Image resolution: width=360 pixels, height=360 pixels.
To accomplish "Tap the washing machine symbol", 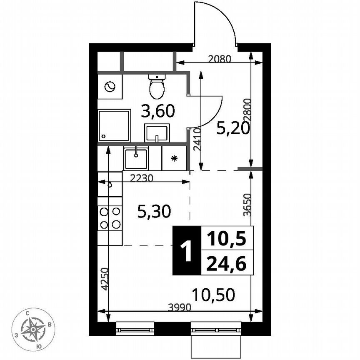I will point(110,87).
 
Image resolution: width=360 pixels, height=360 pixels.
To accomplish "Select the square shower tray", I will point(114,125).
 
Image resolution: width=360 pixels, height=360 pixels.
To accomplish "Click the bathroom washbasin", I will point(157,133).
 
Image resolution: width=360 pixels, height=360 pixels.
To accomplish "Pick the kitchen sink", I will point(136,158).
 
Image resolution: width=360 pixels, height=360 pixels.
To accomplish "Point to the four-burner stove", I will point(110,218).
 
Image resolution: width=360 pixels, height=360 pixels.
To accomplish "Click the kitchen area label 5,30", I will point(154,213).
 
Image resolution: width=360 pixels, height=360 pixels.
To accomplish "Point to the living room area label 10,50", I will point(214,295).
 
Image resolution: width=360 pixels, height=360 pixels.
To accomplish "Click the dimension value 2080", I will point(219,59).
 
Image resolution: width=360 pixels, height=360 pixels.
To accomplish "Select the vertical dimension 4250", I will point(105,278).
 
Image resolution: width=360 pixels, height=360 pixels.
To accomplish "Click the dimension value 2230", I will point(142,178).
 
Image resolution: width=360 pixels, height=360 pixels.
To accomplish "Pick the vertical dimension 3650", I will point(247,204).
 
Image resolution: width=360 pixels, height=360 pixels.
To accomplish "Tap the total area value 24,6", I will point(226,263).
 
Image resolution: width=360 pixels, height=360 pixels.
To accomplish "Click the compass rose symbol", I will point(33,329).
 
